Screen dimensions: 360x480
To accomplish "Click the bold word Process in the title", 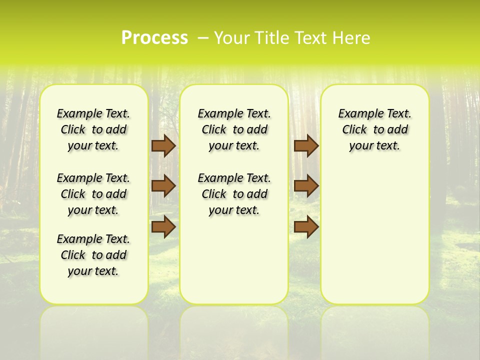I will coord(154,38).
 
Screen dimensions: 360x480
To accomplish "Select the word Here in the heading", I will coord(352,38).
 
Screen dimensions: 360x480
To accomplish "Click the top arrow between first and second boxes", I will coord(163,145).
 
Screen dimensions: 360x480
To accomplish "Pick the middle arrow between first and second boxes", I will coord(163,186).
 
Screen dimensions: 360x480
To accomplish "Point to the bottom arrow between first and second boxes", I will coord(163,227).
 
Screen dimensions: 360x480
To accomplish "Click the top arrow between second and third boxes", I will coord(306,145).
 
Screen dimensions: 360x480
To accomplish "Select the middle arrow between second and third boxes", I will coord(306,186).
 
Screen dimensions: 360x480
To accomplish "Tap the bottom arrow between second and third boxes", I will coord(306,227).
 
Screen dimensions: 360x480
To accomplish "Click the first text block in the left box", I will coord(93,129).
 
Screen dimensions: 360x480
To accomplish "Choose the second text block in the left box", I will coord(93,194).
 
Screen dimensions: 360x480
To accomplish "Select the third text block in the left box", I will coord(93,255).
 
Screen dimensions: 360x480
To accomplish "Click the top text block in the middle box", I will coord(234,129).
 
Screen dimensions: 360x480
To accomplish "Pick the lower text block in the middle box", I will coord(234,194).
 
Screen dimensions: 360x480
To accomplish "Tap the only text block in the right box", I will coord(374,129).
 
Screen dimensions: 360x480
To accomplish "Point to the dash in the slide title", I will coord(203,38).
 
